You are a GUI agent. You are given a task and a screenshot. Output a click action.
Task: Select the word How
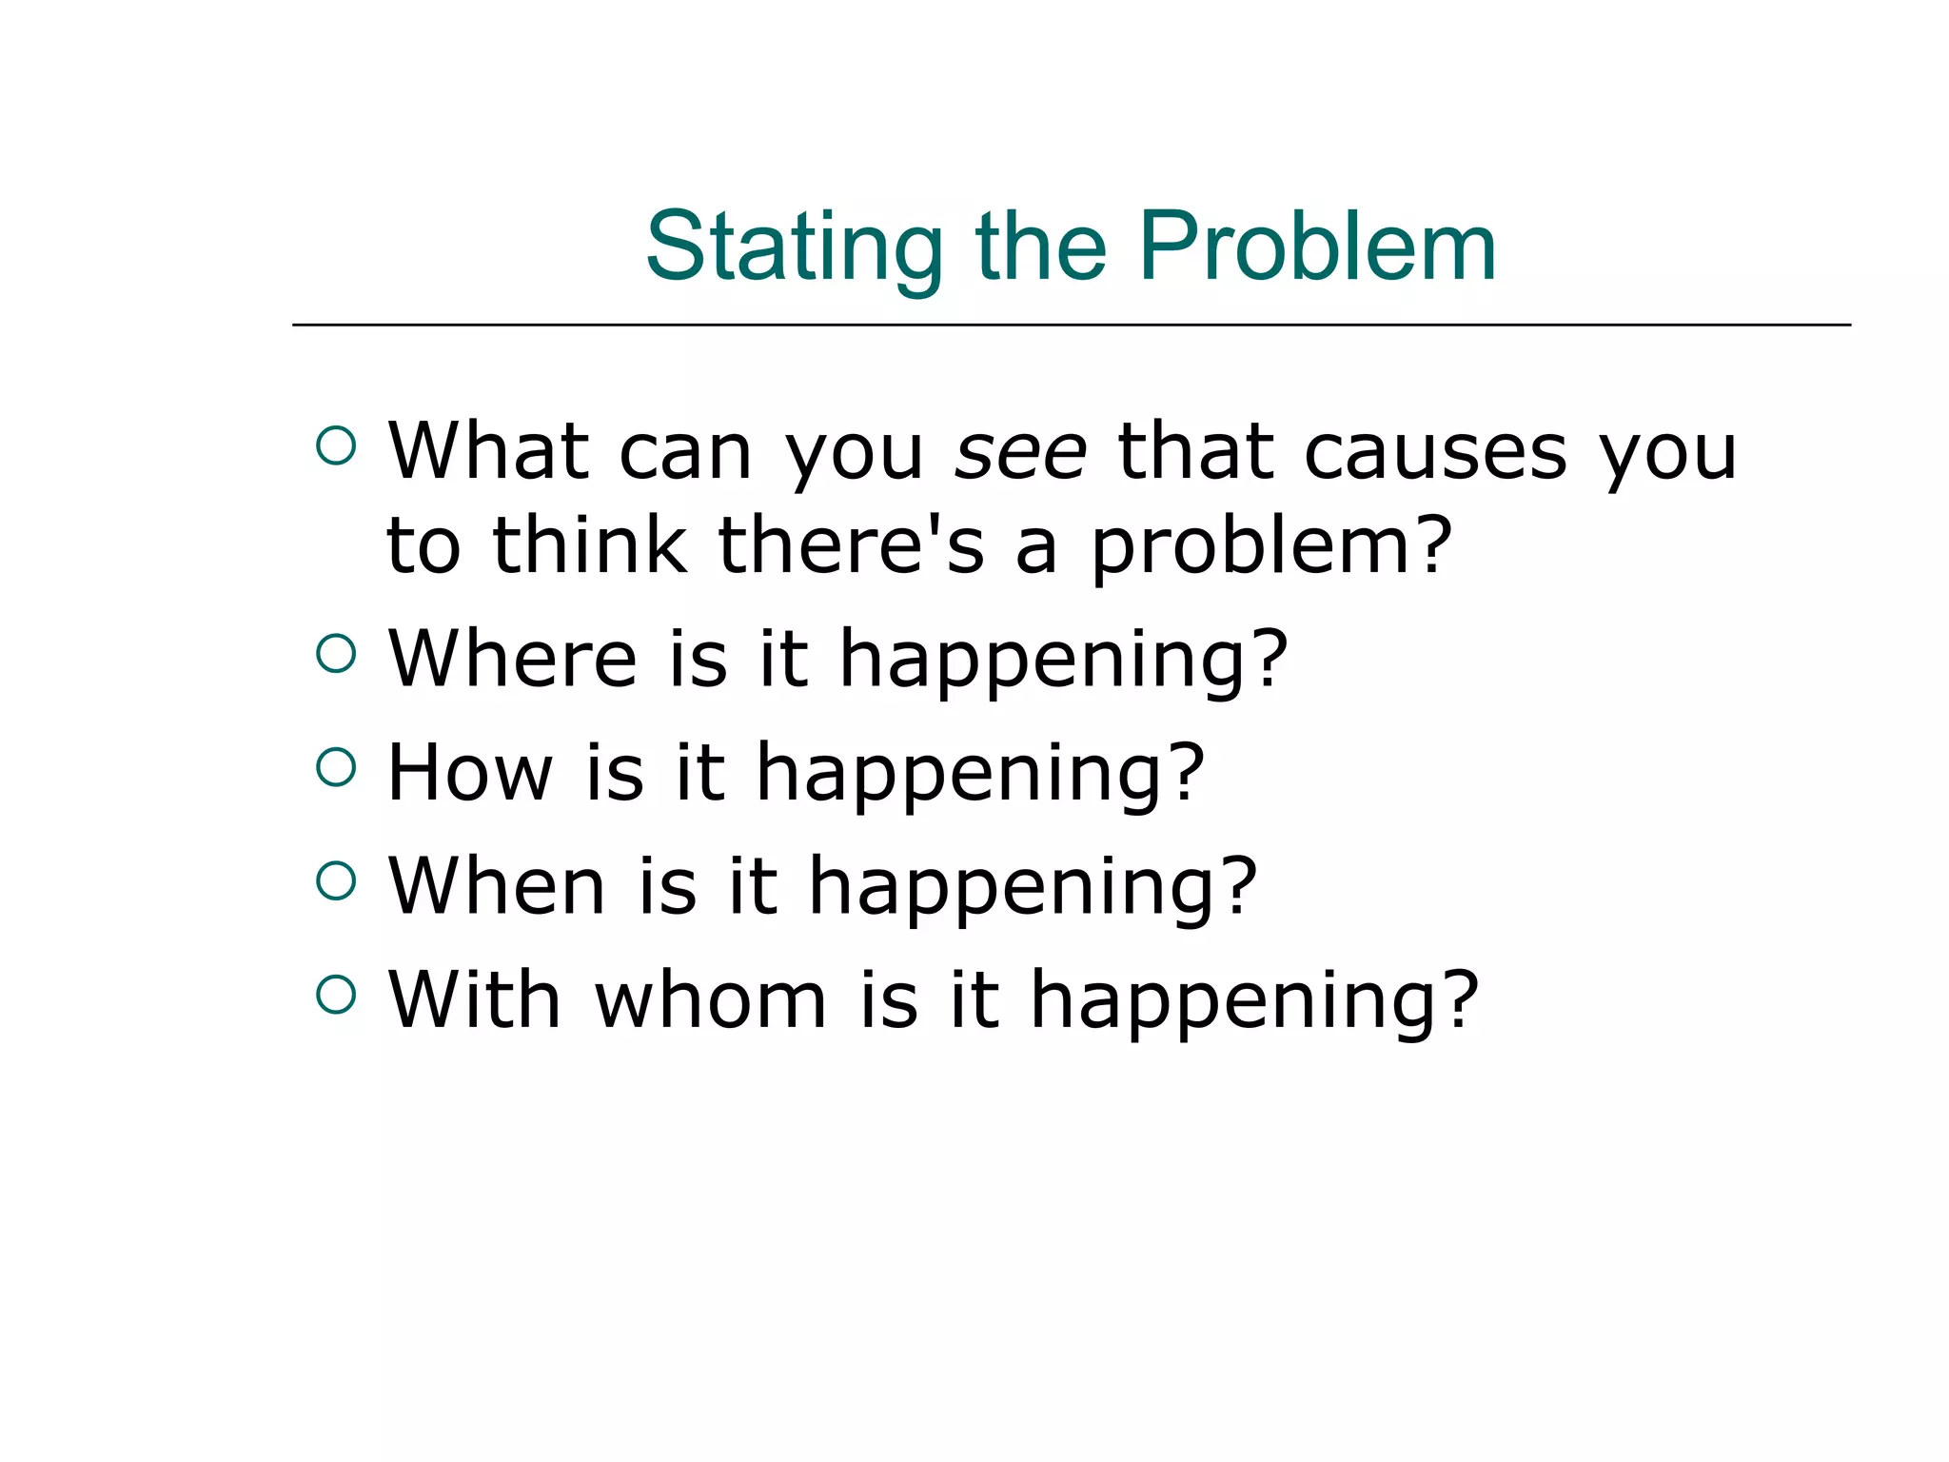[x=470, y=772]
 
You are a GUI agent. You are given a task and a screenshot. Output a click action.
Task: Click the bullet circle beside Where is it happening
[x=336, y=653]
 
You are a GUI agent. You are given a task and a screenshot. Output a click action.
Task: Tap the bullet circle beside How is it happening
[x=336, y=767]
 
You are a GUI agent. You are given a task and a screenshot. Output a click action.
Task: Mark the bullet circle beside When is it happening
[x=336, y=880]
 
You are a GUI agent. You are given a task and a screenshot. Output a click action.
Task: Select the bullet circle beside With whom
[x=336, y=995]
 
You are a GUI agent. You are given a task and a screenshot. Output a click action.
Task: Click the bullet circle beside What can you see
[x=336, y=445]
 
